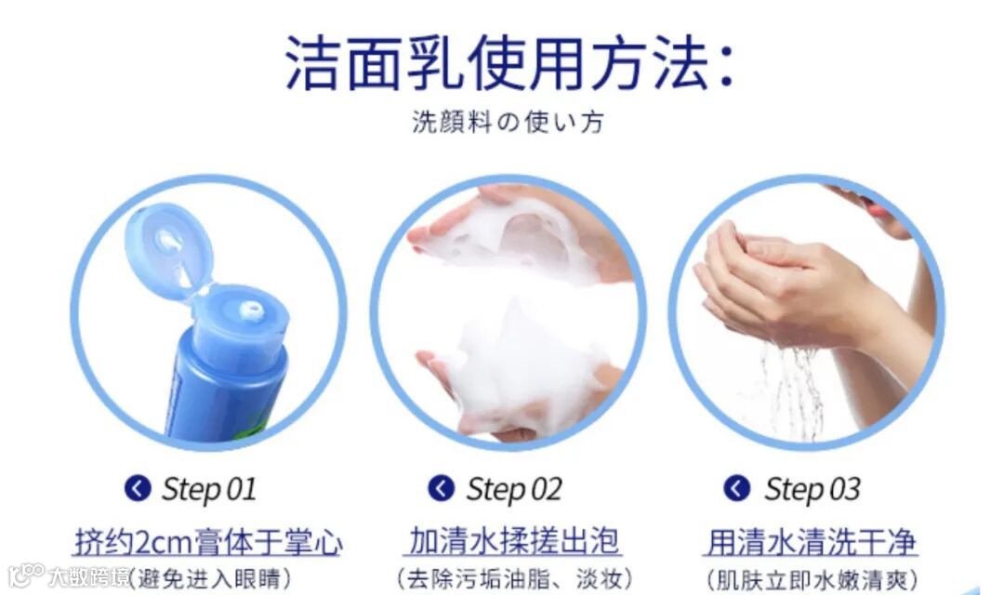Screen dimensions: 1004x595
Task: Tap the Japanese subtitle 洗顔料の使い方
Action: pyautogui.click(x=508, y=122)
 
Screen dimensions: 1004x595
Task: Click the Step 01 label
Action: pyautogui.click(x=209, y=489)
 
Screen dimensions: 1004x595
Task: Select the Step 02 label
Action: pyautogui.click(x=513, y=489)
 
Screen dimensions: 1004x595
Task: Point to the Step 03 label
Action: pyautogui.click(x=812, y=489)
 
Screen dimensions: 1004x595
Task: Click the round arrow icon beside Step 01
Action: pyautogui.click(x=138, y=489)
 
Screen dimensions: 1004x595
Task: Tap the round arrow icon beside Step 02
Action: pyautogui.click(x=442, y=489)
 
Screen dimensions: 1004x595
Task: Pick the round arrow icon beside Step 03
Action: pyautogui.click(x=737, y=489)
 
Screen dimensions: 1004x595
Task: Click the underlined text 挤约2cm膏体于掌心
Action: pyautogui.click(x=209, y=543)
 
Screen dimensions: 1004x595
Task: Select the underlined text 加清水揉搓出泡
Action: pyautogui.click(x=513, y=541)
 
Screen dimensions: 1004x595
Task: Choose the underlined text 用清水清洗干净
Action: pyautogui.click(x=812, y=543)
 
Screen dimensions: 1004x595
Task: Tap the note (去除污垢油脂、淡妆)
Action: pyautogui.click(x=513, y=579)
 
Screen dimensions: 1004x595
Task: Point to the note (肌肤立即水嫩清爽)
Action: pyautogui.click(x=812, y=580)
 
